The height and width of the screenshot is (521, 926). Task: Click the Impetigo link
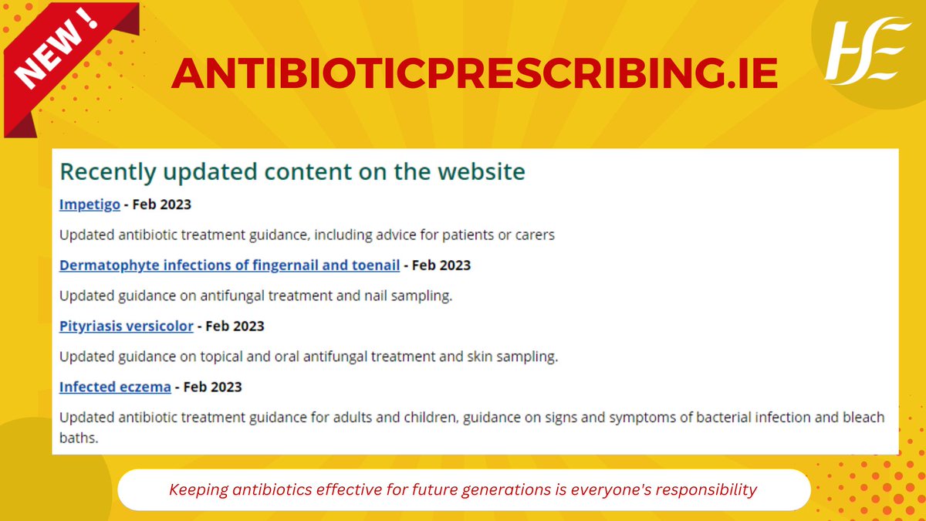pyautogui.click(x=90, y=205)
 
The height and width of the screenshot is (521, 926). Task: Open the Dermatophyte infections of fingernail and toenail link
pyautogui.click(x=229, y=266)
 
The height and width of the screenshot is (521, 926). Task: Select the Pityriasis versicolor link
pyautogui.click(x=126, y=326)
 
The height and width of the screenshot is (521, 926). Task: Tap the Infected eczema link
pyautogui.click(x=115, y=387)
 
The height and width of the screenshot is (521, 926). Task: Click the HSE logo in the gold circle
pyautogui.click(x=861, y=52)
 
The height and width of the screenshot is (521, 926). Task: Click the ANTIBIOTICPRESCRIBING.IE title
pyautogui.click(x=474, y=73)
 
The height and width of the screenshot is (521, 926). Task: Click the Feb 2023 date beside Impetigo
pyautogui.click(x=162, y=205)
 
